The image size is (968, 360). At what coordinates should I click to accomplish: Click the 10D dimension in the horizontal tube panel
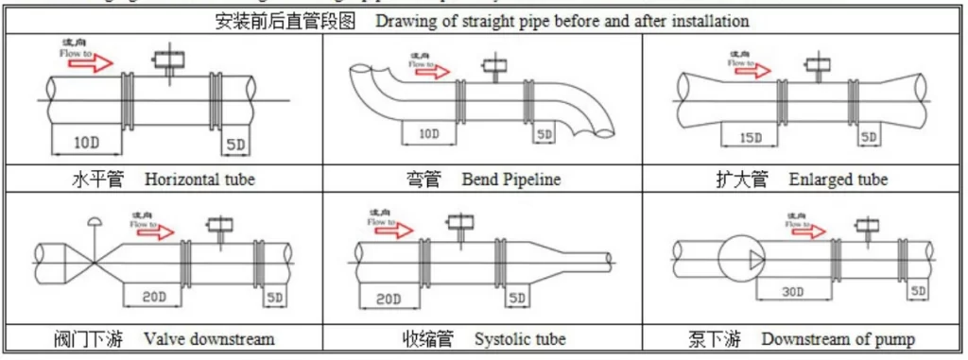coord(86,143)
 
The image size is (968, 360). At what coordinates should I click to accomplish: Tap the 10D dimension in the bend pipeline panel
coord(428,134)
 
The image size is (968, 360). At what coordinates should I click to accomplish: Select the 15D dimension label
coord(750,138)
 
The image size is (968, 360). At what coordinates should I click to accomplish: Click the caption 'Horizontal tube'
coord(199,180)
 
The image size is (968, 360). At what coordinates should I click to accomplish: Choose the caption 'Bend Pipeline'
coord(511,180)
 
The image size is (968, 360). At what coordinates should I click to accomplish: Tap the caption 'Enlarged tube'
coord(838,180)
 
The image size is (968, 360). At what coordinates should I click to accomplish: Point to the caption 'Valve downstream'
coord(209,338)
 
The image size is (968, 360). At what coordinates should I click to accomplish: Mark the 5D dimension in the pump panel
coord(917,291)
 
